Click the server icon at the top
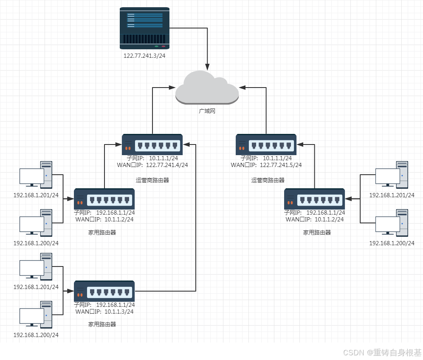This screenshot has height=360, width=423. (x=144, y=28)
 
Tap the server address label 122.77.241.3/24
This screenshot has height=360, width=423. (x=144, y=56)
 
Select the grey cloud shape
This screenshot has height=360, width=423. (x=207, y=88)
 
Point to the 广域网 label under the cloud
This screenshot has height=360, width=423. (x=207, y=111)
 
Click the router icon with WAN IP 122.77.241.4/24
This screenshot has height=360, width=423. (x=152, y=145)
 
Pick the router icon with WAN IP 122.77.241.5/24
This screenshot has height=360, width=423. (x=266, y=145)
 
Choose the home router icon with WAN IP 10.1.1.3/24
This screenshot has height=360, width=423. (x=104, y=291)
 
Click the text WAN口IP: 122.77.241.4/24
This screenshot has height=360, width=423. (x=152, y=165)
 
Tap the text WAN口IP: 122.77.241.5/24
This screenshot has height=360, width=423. (x=266, y=165)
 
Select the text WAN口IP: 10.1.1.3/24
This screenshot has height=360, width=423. (x=104, y=312)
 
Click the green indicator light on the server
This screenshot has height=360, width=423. (x=156, y=46)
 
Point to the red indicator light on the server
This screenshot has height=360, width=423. (x=163, y=46)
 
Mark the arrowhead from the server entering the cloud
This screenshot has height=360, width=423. (x=207, y=67)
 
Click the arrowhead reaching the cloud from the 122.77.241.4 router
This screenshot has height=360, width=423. (x=172, y=88)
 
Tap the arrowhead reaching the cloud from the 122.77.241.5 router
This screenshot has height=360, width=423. (x=242, y=88)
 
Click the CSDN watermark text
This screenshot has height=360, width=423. (x=382, y=352)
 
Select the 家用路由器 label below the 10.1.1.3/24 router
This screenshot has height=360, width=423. (x=102, y=324)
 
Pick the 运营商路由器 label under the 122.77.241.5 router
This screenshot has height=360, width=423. (x=268, y=180)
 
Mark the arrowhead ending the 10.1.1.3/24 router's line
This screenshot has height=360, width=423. (x=186, y=145)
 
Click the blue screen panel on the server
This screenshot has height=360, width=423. (x=145, y=20)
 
